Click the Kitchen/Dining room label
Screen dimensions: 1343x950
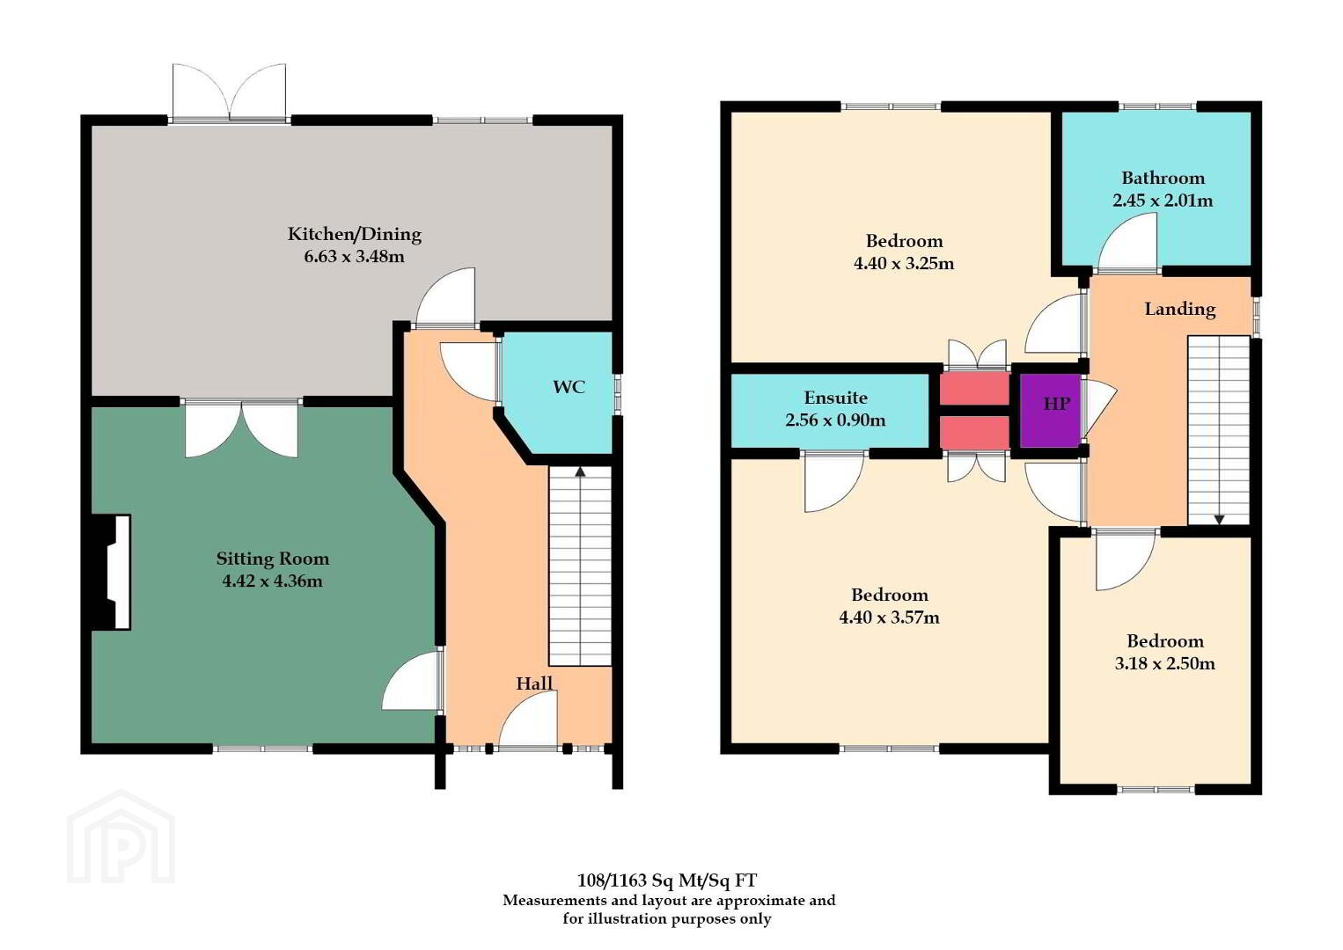coord(355,234)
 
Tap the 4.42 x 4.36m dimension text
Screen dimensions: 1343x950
coord(272,581)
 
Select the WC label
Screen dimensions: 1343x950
coord(569,387)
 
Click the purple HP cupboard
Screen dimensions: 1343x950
coord(1051,411)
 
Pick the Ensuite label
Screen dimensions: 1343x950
coord(835,398)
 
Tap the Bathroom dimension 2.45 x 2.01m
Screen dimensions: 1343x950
coord(1163,201)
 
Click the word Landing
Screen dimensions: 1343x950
coord(1180,310)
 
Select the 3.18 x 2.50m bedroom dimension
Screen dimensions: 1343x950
coord(1165,663)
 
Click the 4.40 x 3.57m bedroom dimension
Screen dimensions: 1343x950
coord(889,617)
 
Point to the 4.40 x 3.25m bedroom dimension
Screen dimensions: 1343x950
coord(904,263)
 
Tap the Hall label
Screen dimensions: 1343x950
coord(533,683)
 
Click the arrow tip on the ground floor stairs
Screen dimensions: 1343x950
coord(580,468)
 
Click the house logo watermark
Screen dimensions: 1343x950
coord(121,837)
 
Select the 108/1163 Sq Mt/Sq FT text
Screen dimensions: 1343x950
coord(667,881)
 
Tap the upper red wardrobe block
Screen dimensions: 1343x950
coord(975,388)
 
